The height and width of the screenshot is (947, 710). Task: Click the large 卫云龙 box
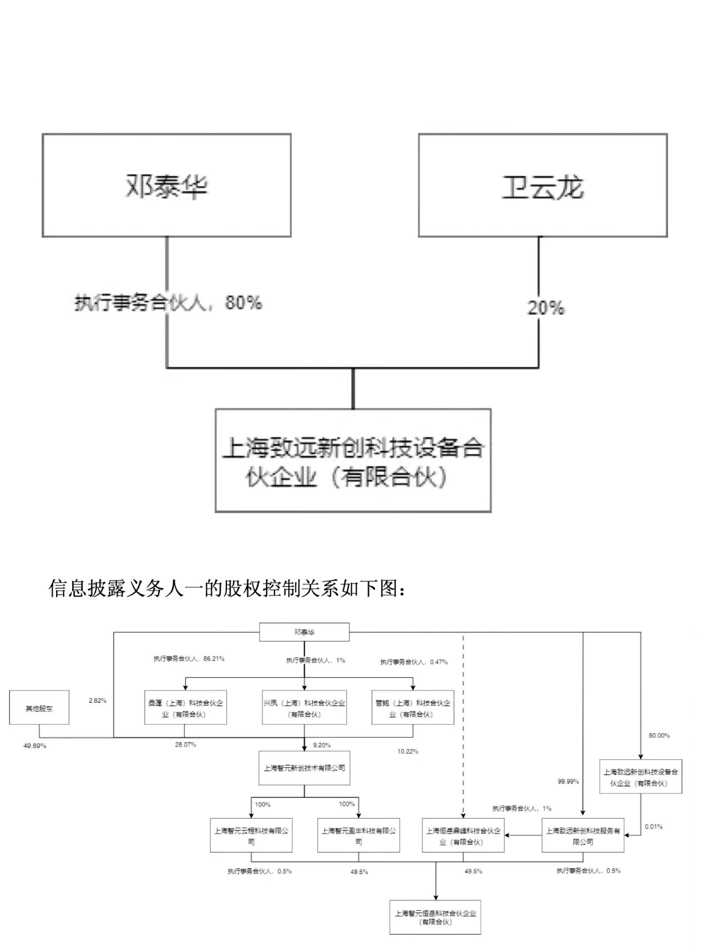coord(542,185)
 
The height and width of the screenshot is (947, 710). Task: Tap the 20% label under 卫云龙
coord(546,308)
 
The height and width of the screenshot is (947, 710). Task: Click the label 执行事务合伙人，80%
coord(168,303)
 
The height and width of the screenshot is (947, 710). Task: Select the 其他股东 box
coord(39,708)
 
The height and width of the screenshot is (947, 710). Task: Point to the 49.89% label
coord(35,745)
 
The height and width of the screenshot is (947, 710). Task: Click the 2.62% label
coord(97,701)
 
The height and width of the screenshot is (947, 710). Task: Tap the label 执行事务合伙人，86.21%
coord(189,659)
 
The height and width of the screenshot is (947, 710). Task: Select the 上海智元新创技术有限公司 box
coord(304,768)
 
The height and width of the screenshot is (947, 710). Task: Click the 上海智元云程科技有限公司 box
coord(251,835)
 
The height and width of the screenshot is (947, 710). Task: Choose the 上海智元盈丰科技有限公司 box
coord(358,835)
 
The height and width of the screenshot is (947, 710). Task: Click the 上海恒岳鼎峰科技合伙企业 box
coord(463,835)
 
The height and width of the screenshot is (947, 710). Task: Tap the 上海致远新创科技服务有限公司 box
coord(582,835)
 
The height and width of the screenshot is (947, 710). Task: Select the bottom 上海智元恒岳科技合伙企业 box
coord(435,917)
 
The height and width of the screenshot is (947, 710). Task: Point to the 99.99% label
coord(568,781)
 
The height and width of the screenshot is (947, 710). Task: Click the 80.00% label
coord(659,736)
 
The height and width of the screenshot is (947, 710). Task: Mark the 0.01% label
coord(653,827)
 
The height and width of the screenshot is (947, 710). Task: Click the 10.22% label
coord(408,752)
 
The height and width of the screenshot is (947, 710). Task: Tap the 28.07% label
coord(185,745)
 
